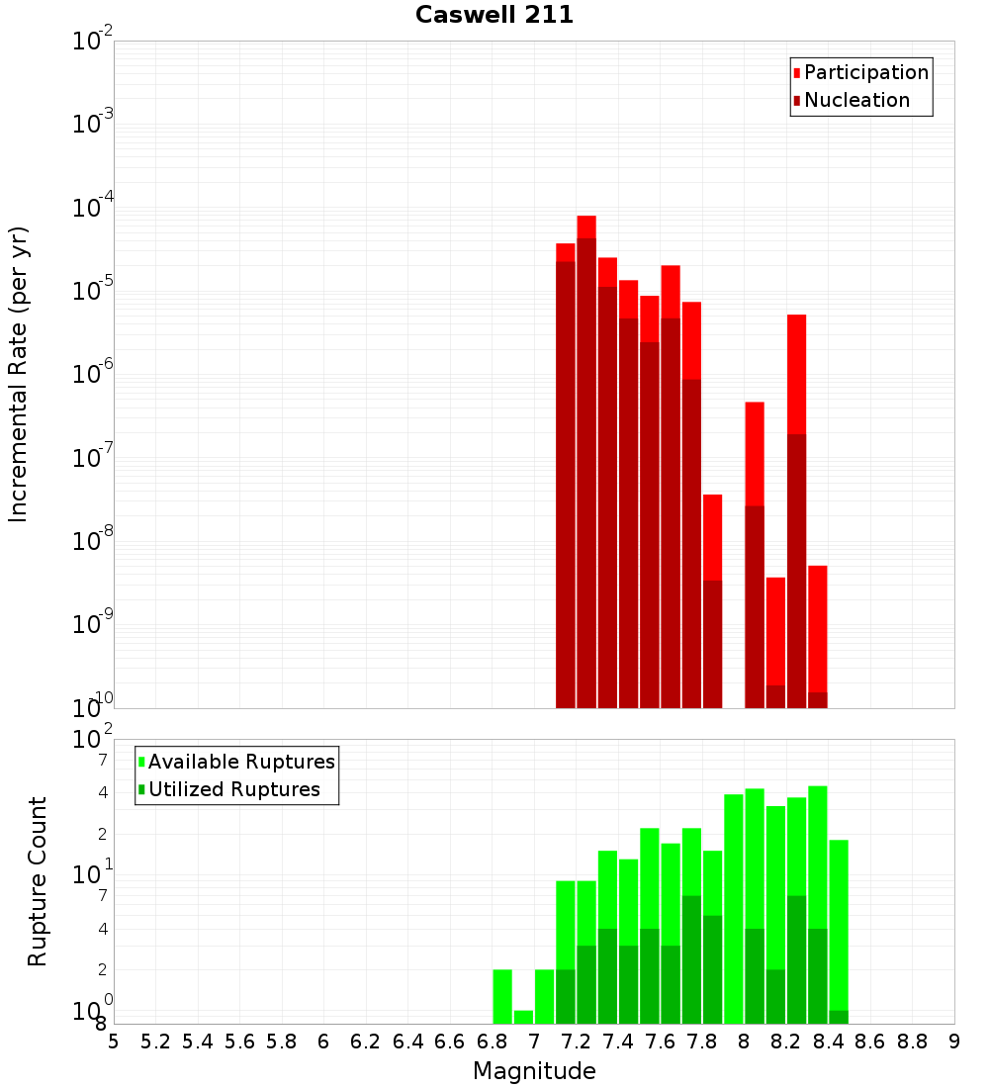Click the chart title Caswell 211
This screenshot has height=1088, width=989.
(x=494, y=15)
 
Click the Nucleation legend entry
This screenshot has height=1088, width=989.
(x=856, y=100)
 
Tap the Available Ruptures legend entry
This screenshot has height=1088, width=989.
(x=241, y=762)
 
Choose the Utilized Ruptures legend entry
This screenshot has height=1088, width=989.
(x=233, y=789)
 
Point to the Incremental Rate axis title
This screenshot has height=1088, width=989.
(x=18, y=375)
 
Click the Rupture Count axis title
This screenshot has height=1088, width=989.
(x=38, y=881)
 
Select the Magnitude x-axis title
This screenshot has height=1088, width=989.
(x=534, y=1071)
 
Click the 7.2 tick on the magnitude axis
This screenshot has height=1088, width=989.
(x=577, y=1042)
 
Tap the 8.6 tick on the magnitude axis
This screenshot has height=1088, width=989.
(x=870, y=1042)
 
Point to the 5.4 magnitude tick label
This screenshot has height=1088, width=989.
(x=198, y=1042)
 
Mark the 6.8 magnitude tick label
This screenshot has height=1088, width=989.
(x=492, y=1042)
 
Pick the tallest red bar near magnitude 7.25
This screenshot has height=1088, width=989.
(x=586, y=227)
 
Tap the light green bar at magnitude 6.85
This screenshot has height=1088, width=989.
(x=502, y=996)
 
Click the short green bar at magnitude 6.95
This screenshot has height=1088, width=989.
(x=523, y=1017)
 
